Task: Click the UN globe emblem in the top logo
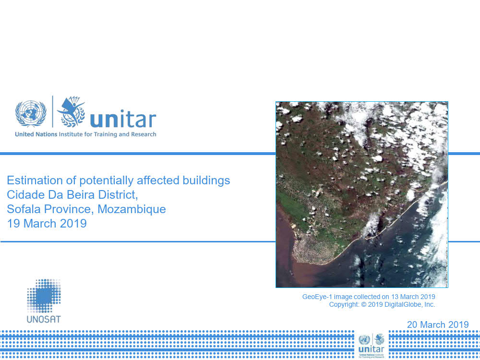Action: point(31,113)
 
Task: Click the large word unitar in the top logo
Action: point(123,119)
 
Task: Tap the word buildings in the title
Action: point(206,180)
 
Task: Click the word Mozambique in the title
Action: point(132,209)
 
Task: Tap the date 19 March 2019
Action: point(47,224)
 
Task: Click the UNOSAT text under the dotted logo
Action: point(44,319)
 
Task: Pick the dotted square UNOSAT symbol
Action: point(44,296)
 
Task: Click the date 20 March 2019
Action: point(438,324)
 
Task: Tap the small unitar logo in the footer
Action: point(372,346)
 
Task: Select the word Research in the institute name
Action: point(144,134)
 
